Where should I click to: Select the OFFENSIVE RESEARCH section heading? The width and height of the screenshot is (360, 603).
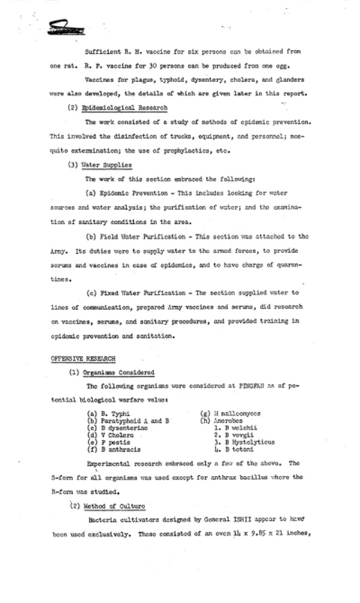click(83, 358)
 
